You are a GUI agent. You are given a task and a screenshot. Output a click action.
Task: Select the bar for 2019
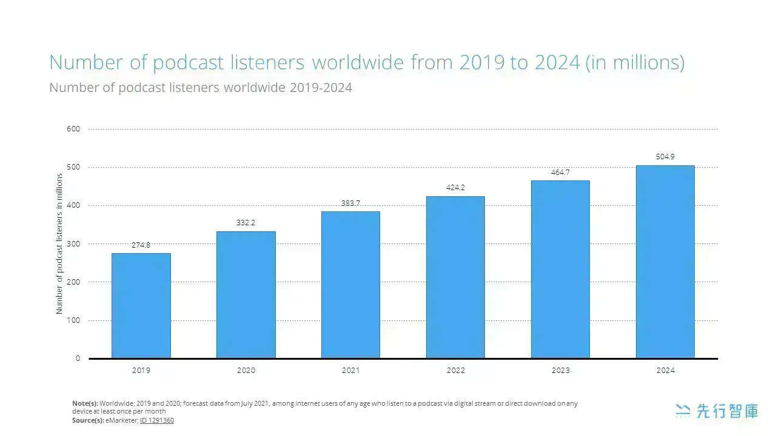coord(141,306)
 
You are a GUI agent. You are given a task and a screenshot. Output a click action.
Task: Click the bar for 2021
coord(350,285)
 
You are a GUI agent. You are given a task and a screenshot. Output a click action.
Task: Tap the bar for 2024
coord(665,262)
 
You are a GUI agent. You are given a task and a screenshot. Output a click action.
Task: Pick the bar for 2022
coord(455,277)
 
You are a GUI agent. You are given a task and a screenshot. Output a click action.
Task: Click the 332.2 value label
coord(246,223)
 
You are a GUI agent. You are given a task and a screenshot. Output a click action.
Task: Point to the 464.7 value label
coord(560,173)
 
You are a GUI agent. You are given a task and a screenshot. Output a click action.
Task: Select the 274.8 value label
coord(141,245)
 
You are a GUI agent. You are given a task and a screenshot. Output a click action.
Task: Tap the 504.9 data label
coord(665,157)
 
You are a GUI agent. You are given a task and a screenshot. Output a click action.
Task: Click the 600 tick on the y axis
coord(73,129)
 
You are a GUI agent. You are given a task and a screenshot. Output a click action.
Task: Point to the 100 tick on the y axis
coord(73,320)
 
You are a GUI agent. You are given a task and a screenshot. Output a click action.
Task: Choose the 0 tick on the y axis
coord(78,358)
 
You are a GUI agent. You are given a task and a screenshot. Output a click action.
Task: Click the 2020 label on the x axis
coord(246,371)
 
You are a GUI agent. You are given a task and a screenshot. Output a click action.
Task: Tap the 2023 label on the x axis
coord(561,371)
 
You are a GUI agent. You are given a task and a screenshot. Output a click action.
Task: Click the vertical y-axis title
coord(59,243)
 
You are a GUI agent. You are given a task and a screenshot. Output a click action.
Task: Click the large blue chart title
coord(367,62)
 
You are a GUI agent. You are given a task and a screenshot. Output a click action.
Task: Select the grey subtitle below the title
coord(201,88)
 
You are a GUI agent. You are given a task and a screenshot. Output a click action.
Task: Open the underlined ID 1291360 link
coord(157,420)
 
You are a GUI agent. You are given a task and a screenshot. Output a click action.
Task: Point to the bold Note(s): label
coord(85,403)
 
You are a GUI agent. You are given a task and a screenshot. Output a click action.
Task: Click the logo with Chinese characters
coord(717,411)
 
